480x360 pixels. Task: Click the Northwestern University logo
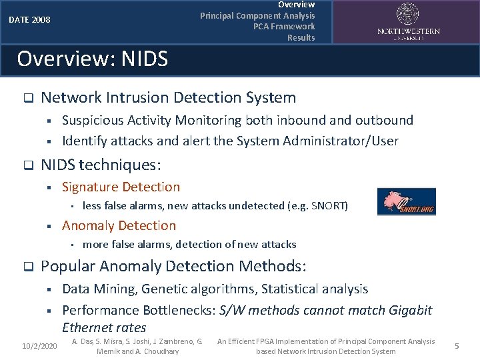click(x=409, y=21)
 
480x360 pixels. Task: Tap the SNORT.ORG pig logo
click(x=406, y=201)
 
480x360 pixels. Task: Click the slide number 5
click(x=457, y=346)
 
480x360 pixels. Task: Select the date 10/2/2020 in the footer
click(x=39, y=346)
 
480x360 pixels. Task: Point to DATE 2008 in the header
click(x=29, y=20)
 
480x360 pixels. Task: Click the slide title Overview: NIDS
click(x=92, y=59)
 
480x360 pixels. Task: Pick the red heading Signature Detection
click(x=121, y=187)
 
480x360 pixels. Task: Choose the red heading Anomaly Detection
click(x=119, y=226)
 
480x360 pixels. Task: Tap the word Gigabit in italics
click(x=407, y=310)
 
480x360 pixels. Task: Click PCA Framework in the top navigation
click(x=284, y=27)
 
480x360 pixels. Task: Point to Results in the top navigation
click(x=301, y=37)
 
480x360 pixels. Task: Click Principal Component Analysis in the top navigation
click(x=257, y=15)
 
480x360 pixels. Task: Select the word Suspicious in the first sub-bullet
click(x=93, y=121)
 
